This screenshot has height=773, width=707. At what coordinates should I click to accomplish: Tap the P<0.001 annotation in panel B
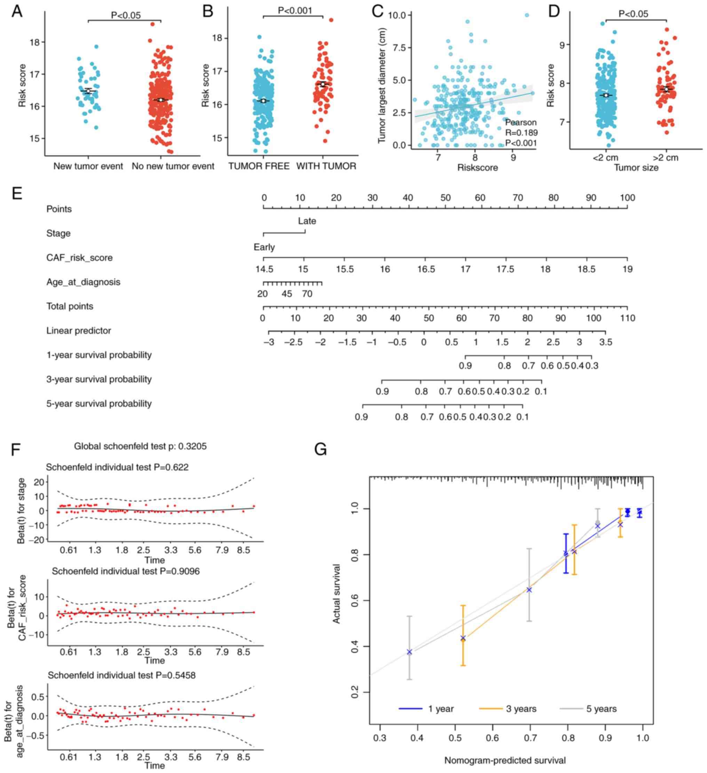click(295, 11)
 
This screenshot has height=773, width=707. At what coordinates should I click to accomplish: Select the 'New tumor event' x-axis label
click(88, 166)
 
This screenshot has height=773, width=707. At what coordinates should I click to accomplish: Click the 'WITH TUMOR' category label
click(326, 166)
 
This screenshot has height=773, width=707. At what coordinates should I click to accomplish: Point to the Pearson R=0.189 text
click(521, 133)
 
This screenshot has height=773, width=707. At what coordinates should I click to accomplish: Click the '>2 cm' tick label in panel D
click(666, 157)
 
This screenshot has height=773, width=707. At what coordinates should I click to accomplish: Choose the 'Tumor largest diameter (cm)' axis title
click(382, 86)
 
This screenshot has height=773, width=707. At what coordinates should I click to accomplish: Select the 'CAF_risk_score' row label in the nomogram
click(79, 258)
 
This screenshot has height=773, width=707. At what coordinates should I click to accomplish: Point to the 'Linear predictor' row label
click(79, 331)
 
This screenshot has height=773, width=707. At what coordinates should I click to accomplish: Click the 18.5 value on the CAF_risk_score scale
click(587, 269)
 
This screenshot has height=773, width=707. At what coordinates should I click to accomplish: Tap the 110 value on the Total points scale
click(627, 318)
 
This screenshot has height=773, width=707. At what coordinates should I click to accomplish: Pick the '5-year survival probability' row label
click(99, 404)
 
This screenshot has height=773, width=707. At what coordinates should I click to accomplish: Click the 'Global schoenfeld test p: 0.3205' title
click(140, 446)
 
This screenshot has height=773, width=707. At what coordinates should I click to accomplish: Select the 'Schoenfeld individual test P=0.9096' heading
click(126, 571)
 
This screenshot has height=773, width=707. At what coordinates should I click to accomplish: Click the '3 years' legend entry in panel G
click(521, 709)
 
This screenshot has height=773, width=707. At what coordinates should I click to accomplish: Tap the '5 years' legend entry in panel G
click(601, 709)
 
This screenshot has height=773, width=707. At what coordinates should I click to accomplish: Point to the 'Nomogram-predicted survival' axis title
click(505, 760)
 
